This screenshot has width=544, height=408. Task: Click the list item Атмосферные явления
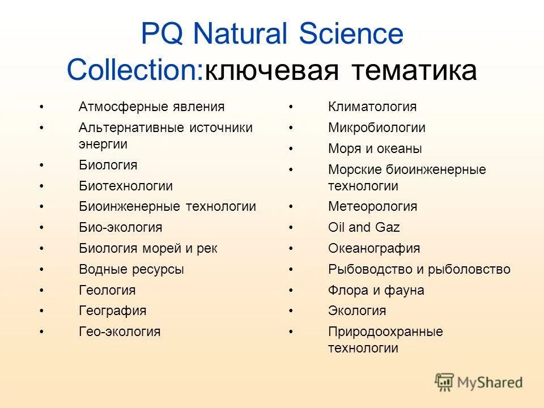[x=151, y=107]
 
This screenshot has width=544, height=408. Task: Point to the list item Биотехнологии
[x=126, y=186]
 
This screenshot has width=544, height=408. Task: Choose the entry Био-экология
[x=120, y=227]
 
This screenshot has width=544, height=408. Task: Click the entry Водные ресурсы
[x=131, y=269]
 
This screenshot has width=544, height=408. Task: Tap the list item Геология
[x=107, y=290]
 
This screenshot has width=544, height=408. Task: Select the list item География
[x=112, y=311]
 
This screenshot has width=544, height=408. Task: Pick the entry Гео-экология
[x=120, y=331]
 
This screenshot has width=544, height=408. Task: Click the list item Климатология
[x=372, y=107]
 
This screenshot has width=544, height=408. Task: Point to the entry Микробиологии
[x=377, y=128]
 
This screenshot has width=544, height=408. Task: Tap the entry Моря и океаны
[x=375, y=149]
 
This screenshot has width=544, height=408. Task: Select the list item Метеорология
[x=372, y=206]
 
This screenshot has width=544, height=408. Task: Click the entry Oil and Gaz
[x=364, y=227]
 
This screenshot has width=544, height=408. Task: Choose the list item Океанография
[x=374, y=248]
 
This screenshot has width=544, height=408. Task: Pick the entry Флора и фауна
[x=376, y=290]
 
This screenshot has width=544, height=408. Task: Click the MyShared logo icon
[x=444, y=381]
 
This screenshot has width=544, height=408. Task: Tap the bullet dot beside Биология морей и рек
[x=41, y=248]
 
